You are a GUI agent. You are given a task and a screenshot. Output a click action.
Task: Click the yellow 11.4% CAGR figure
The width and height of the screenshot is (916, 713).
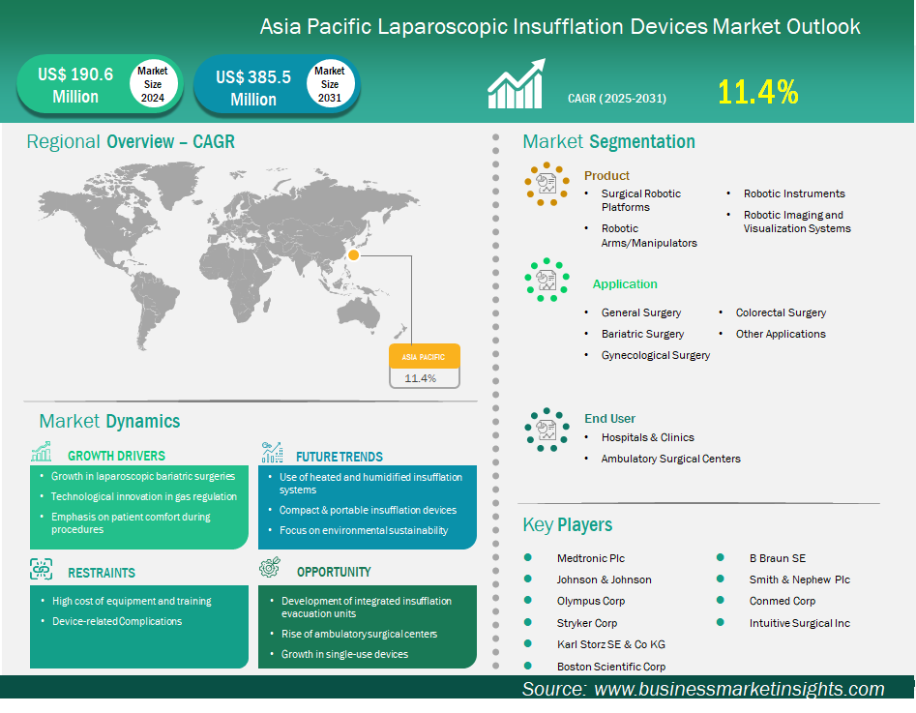[x=757, y=92]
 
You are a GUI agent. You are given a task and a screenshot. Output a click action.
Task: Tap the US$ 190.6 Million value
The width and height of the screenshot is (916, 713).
[x=75, y=85]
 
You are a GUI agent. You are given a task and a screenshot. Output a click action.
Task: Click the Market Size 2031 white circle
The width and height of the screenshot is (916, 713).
[x=330, y=84]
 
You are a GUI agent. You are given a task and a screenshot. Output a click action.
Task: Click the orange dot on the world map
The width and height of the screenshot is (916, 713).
[x=354, y=255]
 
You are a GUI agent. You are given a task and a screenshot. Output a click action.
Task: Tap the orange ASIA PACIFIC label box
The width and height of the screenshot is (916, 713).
[x=425, y=357]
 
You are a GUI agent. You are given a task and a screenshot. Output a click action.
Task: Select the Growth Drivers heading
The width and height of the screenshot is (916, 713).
[x=116, y=456]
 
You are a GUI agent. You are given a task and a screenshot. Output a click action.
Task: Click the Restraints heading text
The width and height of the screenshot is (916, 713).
[x=102, y=573]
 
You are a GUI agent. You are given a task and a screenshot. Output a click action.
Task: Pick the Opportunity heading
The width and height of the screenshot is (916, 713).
[x=334, y=572]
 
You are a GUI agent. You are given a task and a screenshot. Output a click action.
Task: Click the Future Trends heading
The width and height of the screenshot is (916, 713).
[x=340, y=457]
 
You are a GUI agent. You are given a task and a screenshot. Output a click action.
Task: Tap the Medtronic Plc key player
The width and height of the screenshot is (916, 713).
[x=591, y=558]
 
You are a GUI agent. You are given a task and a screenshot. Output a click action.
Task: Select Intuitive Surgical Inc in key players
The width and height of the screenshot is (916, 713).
[x=800, y=623]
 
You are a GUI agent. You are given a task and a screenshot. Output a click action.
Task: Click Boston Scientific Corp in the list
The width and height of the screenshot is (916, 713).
[x=611, y=666]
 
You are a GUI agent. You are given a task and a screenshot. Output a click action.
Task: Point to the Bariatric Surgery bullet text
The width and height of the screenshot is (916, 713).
[x=642, y=334]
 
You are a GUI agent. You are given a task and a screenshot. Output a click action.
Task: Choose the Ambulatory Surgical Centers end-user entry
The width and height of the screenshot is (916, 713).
[x=671, y=459]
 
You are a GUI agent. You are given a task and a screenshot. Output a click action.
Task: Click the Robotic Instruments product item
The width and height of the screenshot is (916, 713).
[x=794, y=193]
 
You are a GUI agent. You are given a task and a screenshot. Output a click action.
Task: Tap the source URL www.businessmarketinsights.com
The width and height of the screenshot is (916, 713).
[x=739, y=689]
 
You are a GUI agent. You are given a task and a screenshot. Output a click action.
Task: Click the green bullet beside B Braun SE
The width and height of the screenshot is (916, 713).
[x=722, y=558]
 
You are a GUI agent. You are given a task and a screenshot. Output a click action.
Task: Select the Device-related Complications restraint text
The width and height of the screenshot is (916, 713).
[x=117, y=621]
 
